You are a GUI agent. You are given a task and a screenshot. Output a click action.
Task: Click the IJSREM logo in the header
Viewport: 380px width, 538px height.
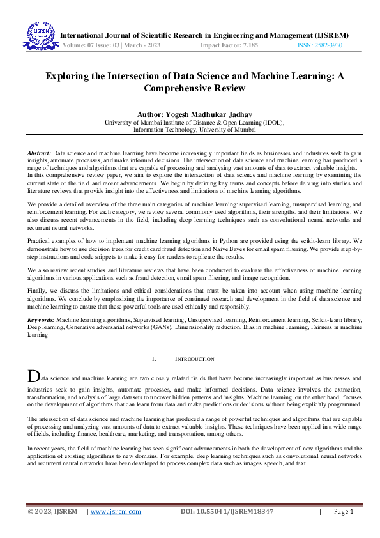[40, 36]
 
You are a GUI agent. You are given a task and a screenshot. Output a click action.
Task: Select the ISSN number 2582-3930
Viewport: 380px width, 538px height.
[328, 46]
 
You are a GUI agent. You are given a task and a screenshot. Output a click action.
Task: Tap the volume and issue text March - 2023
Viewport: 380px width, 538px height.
[130, 46]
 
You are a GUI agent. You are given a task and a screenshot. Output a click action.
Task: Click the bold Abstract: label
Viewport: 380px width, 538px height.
[39, 154]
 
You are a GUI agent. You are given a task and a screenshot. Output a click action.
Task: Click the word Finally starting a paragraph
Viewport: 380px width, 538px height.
[37, 290]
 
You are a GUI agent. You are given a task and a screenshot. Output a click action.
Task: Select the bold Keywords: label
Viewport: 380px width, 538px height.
[40, 318]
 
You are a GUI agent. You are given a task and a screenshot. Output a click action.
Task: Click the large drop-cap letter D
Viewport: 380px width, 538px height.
[33, 376]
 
